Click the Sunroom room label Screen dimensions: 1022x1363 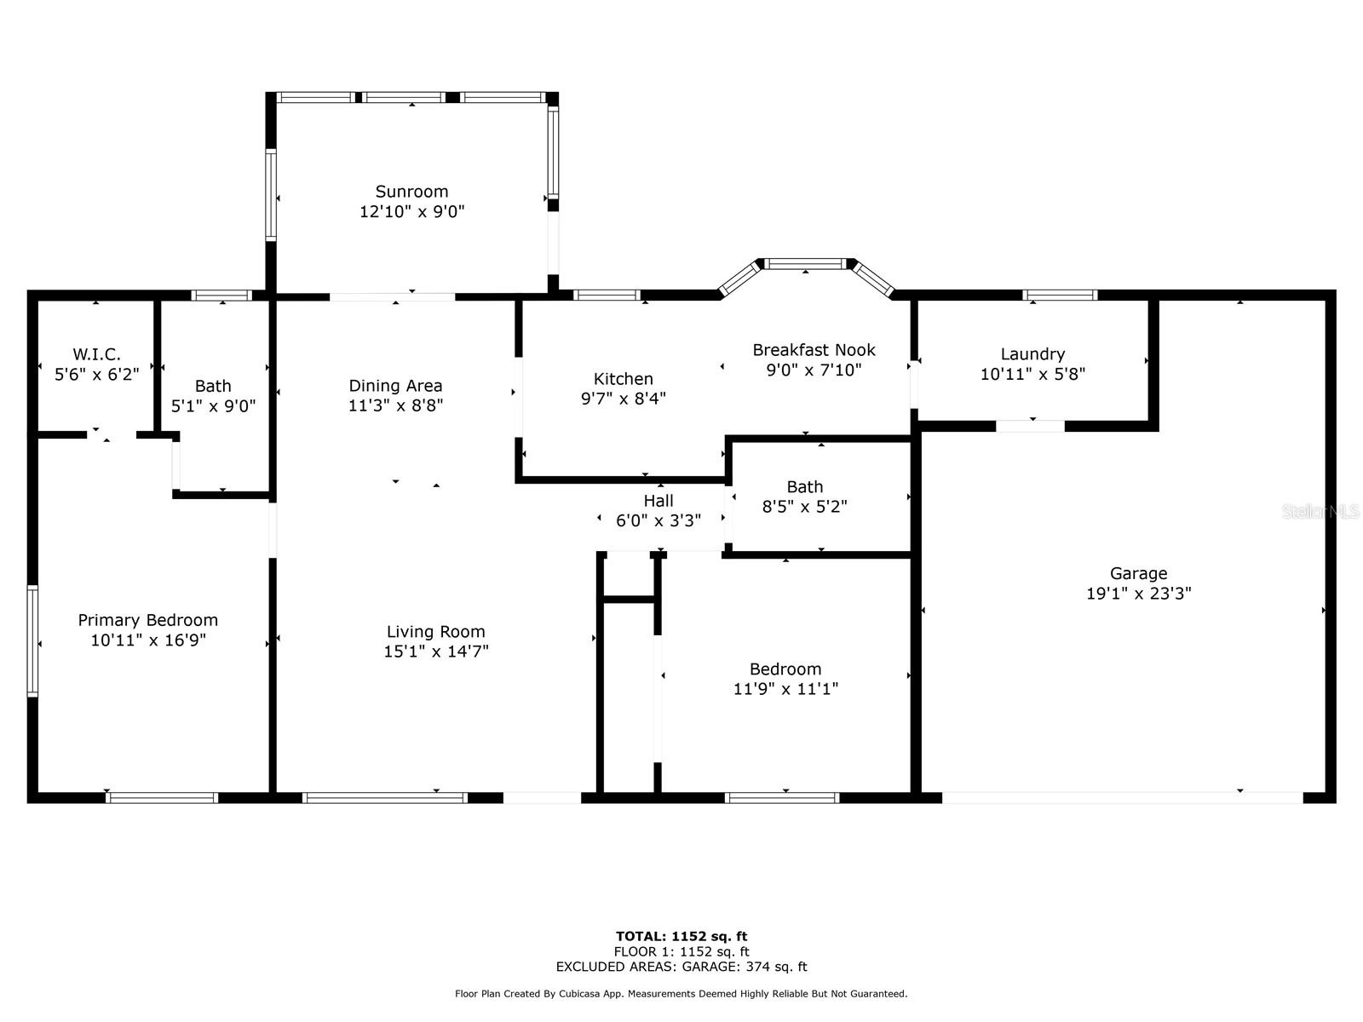pyautogui.click(x=411, y=192)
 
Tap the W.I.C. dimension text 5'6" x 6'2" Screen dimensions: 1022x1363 pyautogui.click(x=96, y=374)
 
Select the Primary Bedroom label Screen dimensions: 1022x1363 pyautogui.click(x=148, y=620)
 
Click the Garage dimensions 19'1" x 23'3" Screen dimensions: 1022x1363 pyautogui.click(x=1138, y=594)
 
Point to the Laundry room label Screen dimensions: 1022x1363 pyautogui.click(x=1032, y=353)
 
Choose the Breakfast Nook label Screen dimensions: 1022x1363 pyautogui.click(x=814, y=350)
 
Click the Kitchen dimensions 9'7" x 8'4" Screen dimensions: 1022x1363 pyautogui.click(x=623, y=399)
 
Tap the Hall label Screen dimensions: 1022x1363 pyautogui.click(x=658, y=501)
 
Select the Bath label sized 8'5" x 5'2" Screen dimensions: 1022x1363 pyautogui.click(x=804, y=486)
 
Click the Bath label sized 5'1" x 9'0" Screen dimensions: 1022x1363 pyautogui.click(x=213, y=386)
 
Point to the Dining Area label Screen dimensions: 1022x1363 pyautogui.click(x=395, y=386)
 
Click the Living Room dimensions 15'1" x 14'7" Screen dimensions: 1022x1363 pyautogui.click(x=435, y=652)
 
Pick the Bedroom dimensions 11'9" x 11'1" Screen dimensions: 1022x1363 pyautogui.click(x=785, y=689)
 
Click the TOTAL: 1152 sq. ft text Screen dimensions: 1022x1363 pyautogui.click(x=681, y=936)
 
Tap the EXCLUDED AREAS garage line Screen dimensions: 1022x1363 pyautogui.click(x=681, y=967)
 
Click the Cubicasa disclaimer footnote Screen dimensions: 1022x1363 pyautogui.click(x=681, y=994)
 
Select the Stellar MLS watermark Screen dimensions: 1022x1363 pyautogui.click(x=1320, y=512)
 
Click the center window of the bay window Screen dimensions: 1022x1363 pyautogui.click(x=807, y=264)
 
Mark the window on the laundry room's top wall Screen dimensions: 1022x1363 pyautogui.click(x=1060, y=296)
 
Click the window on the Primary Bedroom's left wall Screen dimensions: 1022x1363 pyautogui.click(x=32, y=640)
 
